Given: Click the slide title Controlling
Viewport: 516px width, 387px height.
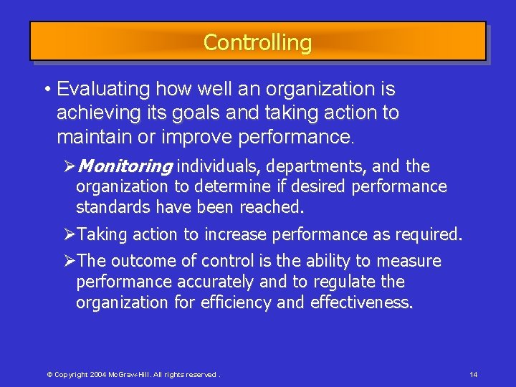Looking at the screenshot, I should [x=257, y=42].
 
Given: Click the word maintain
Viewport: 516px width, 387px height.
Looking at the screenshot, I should [x=89, y=136].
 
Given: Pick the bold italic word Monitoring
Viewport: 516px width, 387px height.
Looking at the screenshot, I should [x=124, y=167].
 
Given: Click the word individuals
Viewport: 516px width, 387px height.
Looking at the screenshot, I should [x=219, y=167].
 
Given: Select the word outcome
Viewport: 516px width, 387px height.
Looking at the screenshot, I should [x=138, y=261].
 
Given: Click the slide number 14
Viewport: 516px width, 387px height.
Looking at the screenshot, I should [x=474, y=375].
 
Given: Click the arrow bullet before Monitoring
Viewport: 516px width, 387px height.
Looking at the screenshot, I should [x=70, y=167].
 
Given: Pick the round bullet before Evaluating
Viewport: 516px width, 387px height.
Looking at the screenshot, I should [x=46, y=90].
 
